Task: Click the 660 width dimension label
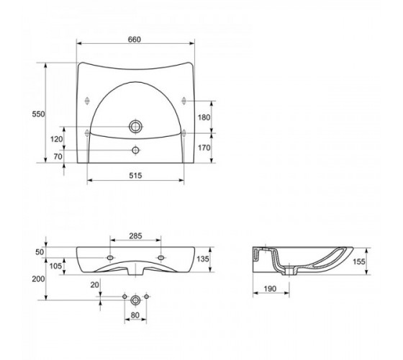(x=135, y=40)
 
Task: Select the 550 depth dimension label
(x=38, y=114)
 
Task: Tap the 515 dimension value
(x=135, y=176)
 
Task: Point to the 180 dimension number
(x=204, y=117)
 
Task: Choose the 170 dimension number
(x=204, y=148)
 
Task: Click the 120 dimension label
(x=56, y=139)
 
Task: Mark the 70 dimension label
(x=58, y=156)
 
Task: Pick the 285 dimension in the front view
(x=135, y=236)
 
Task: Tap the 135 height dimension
(x=203, y=259)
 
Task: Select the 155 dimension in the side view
(x=359, y=261)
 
